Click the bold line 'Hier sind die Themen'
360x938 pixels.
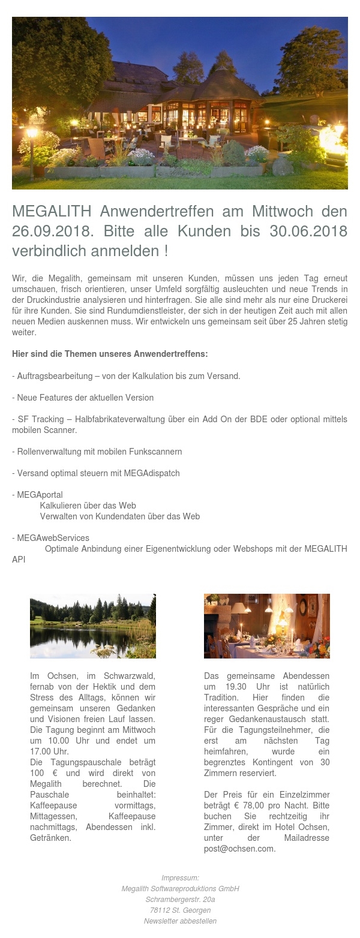point(110,354)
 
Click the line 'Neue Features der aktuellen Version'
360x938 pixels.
point(85,398)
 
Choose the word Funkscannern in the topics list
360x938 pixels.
point(154,451)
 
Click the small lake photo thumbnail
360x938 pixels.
point(93,626)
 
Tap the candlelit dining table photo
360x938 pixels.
point(266,626)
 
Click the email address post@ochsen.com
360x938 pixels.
point(239,849)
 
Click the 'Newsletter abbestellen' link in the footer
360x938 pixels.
point(180,921)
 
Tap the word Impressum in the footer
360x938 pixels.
point(180,877)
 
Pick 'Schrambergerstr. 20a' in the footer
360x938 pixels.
point(180,899)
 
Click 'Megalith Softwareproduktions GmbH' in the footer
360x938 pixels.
point(180,888)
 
